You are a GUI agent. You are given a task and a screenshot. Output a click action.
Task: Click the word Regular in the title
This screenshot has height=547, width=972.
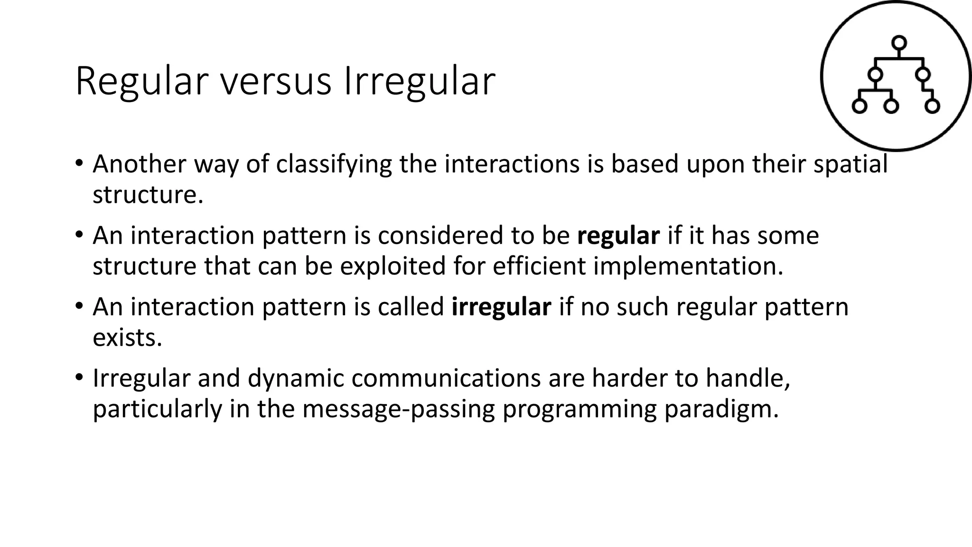click(x=141, y=82)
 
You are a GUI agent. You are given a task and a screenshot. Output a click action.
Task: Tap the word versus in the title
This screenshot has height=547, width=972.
click(x=276, y=82)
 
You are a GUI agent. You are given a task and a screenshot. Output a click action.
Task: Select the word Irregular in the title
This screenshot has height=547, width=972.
click(x=419, y=82)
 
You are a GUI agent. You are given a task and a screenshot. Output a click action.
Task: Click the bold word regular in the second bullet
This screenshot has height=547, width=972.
click(x=618, y=236)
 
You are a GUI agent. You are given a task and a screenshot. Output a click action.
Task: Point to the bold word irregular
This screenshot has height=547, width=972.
click(x=501, y=307)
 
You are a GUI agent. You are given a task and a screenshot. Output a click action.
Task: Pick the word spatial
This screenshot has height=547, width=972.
click(x=850, y=164)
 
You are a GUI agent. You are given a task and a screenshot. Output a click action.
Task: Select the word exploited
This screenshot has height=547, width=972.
click(x=393, y=266)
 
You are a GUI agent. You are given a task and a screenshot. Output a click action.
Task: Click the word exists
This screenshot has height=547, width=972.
click(x=127, y=338)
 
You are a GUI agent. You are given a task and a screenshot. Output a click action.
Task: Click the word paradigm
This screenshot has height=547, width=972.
click(x=721, y=409)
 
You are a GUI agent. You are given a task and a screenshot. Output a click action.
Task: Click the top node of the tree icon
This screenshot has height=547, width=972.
click(x=899, y=43)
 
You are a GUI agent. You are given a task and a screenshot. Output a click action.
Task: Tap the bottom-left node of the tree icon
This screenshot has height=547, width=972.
click(x=860, y=106)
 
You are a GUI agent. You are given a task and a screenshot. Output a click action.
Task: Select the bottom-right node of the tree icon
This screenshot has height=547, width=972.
click(x=932, y=106)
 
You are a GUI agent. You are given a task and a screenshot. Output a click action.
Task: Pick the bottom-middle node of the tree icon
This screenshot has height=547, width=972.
click(x=891, y=106)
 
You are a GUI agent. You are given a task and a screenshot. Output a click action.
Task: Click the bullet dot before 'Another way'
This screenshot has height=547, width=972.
click(x=79, y=163)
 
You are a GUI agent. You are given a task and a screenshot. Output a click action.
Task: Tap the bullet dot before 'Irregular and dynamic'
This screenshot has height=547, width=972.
click(x=79, y=378)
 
